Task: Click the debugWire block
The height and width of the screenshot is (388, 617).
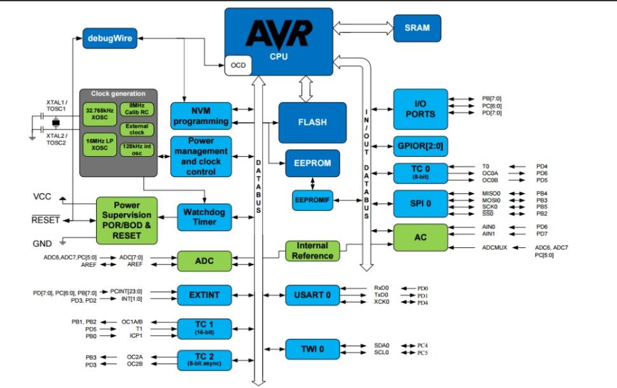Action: point(111,39)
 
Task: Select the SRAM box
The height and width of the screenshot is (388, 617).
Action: point(417,28)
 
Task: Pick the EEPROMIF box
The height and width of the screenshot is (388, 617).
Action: point(312,200)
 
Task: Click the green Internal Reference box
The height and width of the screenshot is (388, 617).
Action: point(312,250)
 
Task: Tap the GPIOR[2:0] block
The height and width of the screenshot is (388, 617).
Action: point(420,145)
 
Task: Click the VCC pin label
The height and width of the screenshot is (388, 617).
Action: point(42,198)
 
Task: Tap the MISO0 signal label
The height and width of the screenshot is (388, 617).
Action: point(491,193)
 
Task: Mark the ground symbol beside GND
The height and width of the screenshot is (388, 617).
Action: point(63,243)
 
